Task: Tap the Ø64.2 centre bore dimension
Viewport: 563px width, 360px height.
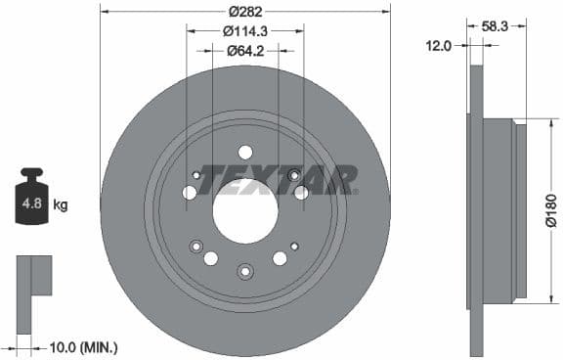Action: pyautogui.click(x=245, y=52)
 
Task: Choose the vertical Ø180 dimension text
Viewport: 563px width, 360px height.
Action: pyautogui.click(x=550, y=209)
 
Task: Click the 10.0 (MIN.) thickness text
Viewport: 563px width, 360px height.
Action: pyautogui.click(x=82, y=346)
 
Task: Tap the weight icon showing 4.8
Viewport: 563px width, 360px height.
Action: pyautogui.click(x=30, y=202)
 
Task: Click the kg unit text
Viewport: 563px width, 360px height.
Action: pyautogui.click(x=61, y=204)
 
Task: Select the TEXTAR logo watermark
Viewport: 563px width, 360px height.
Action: pyautogui.click(x=278, y=178)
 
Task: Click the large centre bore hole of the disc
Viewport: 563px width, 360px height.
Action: pyautogui.click(x=245, y=211)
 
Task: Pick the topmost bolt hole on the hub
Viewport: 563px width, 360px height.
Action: pyautogui.click(x=245, y=152)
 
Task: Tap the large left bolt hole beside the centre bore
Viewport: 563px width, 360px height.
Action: pyautogui.click(x=190, y=193)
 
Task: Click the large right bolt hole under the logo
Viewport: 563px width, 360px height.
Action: pyautogui.click(x=301, y=193)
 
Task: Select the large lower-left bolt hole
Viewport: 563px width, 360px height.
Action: pyautogui.click(x=210, y=258)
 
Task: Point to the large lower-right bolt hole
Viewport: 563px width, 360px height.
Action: pyautogui.click(x=281, y=258)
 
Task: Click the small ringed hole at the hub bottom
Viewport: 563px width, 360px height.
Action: pyautogui.click(x=245, y=271)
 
